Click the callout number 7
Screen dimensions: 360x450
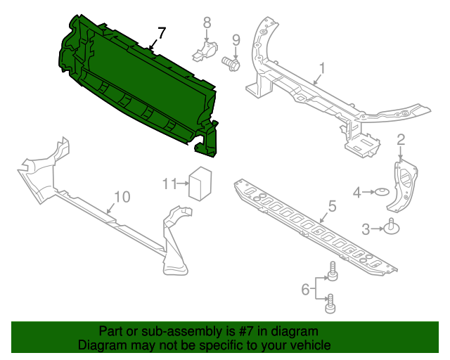[162, 33]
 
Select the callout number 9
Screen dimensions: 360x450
[236, 39]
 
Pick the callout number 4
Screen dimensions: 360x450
[357, 191]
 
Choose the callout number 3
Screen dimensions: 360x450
[366, 228]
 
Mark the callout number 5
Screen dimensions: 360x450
[332, 206]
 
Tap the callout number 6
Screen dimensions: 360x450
[305, 288]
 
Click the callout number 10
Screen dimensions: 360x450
[122, 197]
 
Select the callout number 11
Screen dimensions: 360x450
[168, 184]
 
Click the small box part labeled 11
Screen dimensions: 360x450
[202, 183]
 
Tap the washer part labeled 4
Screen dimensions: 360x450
[382, 192]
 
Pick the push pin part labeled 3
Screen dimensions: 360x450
[388, 228]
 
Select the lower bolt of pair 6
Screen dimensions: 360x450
[330, 305]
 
